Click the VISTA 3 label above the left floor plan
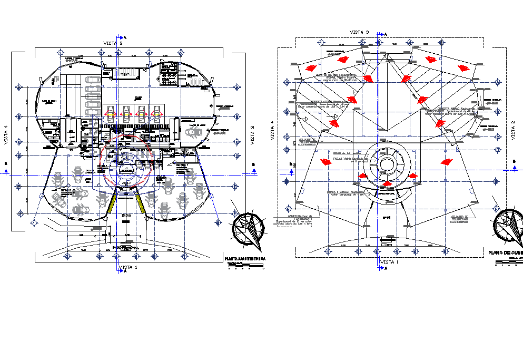(x=113, y=43)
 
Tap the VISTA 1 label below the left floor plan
(x=129, y=268)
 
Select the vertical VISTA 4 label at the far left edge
(x=6, y=134)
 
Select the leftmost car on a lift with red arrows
(x=112, y=112)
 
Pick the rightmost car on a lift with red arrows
(x=156, y=112)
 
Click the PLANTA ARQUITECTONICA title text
(x=245, y=259)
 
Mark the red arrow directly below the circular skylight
(x=387, y=183)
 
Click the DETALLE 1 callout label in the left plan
(x=182, y=165)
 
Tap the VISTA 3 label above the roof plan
(x=360, y=33)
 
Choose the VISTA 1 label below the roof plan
(x=390, y=262)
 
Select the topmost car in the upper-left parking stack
(x=93, y=80)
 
